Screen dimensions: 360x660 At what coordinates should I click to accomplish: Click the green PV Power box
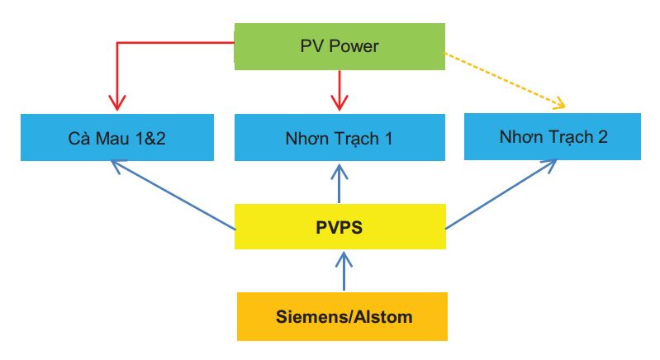(x=339, y=46)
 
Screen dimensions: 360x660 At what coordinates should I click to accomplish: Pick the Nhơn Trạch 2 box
(x=553, y=137)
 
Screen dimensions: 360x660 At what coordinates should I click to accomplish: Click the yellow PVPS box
(x=339, y=226)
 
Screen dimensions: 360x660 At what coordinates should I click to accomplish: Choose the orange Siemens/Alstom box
(x=342, y=316)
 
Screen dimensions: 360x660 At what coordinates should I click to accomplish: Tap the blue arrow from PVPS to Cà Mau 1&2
(x=173, y=195)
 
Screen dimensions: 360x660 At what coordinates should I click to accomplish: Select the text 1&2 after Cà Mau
(x=150, y=138)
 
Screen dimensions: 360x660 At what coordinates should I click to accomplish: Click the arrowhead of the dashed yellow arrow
(x=559, y=104)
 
